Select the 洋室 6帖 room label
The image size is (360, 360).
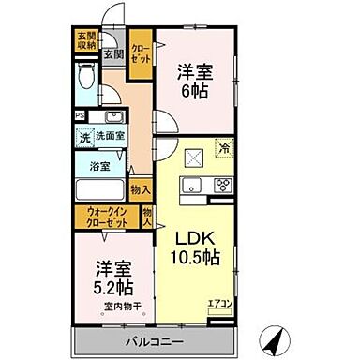194,82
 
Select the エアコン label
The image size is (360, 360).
220,304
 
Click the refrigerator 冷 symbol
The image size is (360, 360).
225,146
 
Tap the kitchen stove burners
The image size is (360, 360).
224,185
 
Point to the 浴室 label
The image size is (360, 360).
100,166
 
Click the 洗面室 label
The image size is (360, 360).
109,137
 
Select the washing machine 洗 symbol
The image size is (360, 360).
84,138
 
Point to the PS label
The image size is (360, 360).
81,117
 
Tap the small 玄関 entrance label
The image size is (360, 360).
112,54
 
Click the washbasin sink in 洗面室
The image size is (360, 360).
114,118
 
